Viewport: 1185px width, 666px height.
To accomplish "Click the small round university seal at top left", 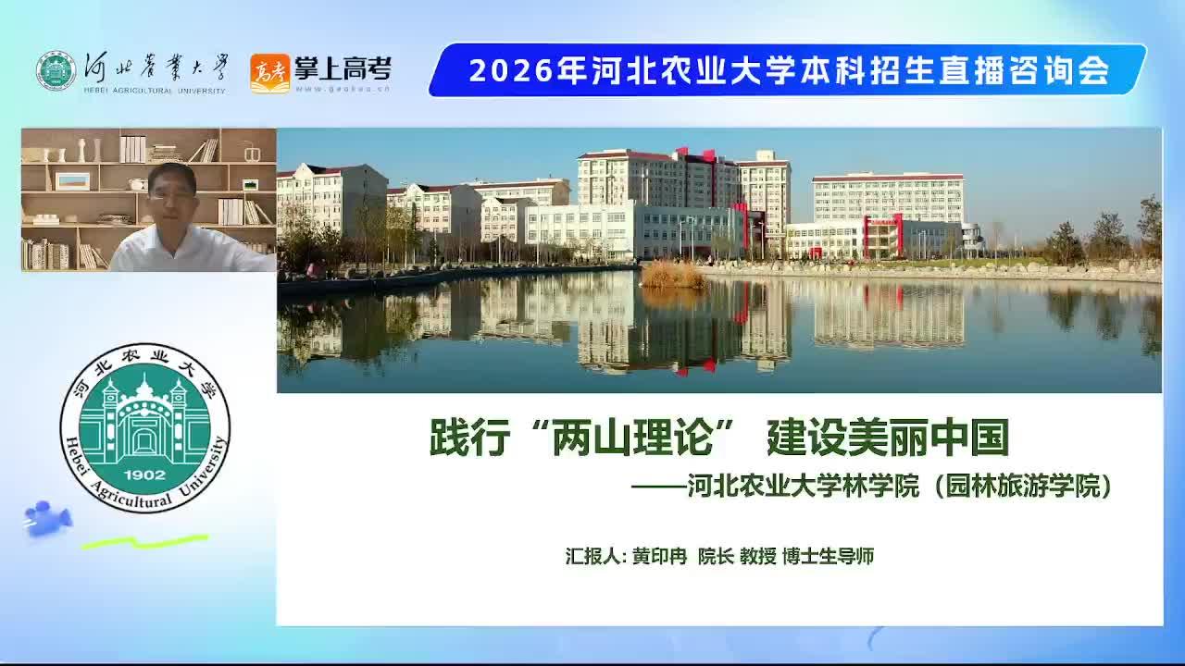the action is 56,71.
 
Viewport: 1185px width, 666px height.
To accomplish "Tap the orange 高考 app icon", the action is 269,73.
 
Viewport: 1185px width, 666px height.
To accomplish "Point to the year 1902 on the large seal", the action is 145,475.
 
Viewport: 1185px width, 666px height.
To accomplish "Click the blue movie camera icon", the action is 47,519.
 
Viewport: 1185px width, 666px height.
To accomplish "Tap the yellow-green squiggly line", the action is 145,542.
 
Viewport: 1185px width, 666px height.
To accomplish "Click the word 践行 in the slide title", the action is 469,438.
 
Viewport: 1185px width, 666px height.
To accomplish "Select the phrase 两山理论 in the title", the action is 631,438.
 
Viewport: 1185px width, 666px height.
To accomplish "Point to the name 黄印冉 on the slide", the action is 660,556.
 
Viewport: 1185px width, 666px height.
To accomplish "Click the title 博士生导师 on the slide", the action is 828,556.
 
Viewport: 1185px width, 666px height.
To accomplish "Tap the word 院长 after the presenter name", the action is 716,556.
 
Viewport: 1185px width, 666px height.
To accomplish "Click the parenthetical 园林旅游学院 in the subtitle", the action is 1023,486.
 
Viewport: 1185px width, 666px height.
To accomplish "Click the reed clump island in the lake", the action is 672,275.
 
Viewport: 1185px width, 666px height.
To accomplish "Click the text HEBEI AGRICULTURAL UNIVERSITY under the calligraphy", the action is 155,91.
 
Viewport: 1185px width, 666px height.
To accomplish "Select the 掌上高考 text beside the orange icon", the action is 343,68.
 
